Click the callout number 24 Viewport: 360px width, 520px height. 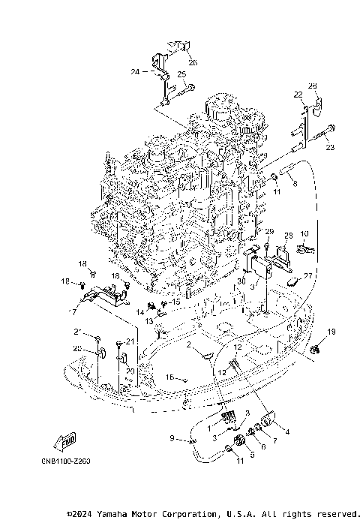[x=135, y=72]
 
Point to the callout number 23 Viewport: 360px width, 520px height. [x=328, y=148]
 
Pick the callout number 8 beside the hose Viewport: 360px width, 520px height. [x=295, y=183]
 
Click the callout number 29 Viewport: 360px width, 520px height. [x=269, y=231]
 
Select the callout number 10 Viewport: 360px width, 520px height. [x=304, y=234]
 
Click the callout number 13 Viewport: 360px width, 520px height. [x=149, y=320]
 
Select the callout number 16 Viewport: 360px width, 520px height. [x=169, y=377]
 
